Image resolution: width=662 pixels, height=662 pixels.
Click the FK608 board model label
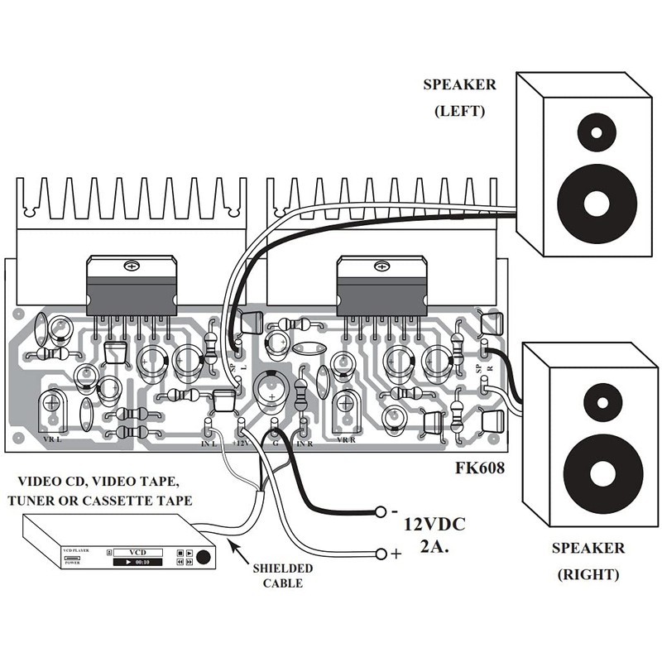(480, 467)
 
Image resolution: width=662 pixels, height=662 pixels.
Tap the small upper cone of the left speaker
(594, 131)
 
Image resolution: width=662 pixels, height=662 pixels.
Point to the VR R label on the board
(346, 439)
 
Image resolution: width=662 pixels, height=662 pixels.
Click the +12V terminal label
(240, 444)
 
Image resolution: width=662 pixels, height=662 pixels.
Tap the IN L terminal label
(208, 444)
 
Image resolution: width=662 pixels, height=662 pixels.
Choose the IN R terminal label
(303, 444)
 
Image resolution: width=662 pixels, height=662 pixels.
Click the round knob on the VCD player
(204, 558)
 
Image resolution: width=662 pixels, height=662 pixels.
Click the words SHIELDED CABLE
(283, 576)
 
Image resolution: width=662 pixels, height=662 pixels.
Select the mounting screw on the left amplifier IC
(130, 266)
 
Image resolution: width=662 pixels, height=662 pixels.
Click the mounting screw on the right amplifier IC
(380, 266)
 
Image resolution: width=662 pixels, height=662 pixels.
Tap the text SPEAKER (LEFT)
(459, 97)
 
